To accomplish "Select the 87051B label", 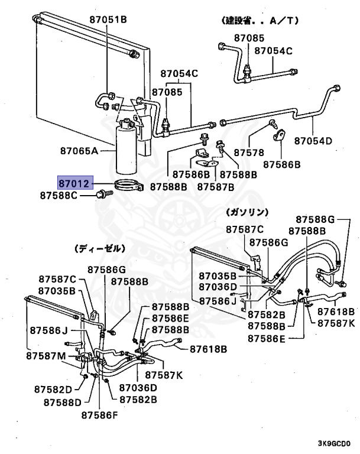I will click(x=108, y=20).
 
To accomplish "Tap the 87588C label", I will click(x=59, y=194).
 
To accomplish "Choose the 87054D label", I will click(x=314, y=141).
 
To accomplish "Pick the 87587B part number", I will click(x=216, y=187).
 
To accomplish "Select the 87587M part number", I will click(x=46, y=356).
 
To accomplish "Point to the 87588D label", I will click(x=63, y=403).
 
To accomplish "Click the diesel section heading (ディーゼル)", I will click(x=99, y=249).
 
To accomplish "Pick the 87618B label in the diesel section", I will click(x=208, y=349).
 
